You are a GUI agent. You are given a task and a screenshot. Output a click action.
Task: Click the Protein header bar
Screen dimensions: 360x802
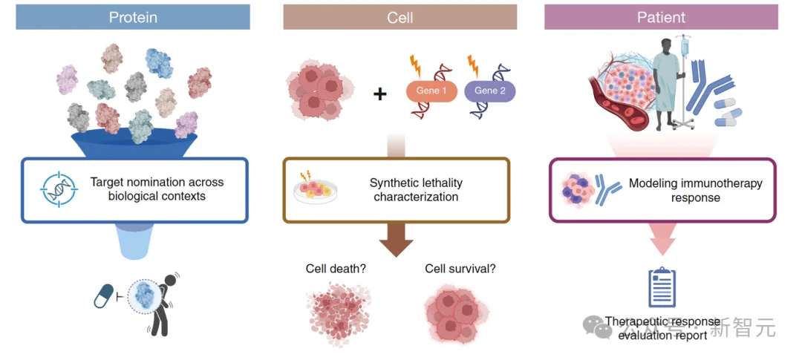133,17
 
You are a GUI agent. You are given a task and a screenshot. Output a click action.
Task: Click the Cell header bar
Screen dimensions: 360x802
400,17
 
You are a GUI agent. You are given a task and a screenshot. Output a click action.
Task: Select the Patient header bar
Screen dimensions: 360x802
661,17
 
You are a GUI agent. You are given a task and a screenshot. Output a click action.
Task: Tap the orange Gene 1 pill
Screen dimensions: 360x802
431,91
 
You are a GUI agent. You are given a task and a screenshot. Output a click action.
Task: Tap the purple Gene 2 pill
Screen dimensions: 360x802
489,91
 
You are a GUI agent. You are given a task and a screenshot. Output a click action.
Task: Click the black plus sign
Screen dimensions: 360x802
379,94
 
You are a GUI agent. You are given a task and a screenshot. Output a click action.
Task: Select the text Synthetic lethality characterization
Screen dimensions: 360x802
415,190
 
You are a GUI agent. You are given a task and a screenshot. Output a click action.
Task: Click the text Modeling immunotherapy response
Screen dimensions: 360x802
695,190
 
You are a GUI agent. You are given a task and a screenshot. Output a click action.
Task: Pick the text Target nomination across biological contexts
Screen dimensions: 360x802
157,189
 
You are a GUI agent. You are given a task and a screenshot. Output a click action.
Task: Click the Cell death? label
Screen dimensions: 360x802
336,269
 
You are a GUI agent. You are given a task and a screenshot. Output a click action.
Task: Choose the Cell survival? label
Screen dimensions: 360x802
460,269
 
